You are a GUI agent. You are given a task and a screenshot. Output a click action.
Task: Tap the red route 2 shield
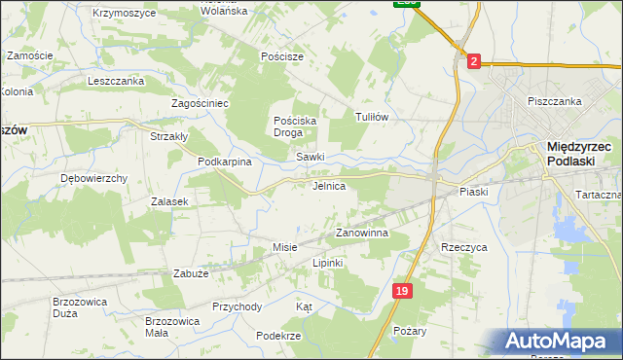[x=473, y=60]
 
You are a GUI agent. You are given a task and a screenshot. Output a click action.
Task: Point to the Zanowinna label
[x=362, y=234]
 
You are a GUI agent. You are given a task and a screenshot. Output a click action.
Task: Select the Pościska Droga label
[x=295, y=126]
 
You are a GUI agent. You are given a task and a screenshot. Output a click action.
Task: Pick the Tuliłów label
[x=372, y=117]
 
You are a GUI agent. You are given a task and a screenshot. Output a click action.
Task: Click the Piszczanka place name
[x=554, y=101]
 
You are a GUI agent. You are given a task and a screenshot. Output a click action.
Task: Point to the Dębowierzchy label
[x=94, y=179]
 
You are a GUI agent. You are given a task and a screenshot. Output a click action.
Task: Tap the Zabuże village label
[x=192, y=273]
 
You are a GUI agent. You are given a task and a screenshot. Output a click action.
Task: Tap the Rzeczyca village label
[x=463, y=247]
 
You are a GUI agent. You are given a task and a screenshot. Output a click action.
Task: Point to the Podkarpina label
[x=225, y=162]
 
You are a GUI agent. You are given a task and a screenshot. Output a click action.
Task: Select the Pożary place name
[x=410, y=331]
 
